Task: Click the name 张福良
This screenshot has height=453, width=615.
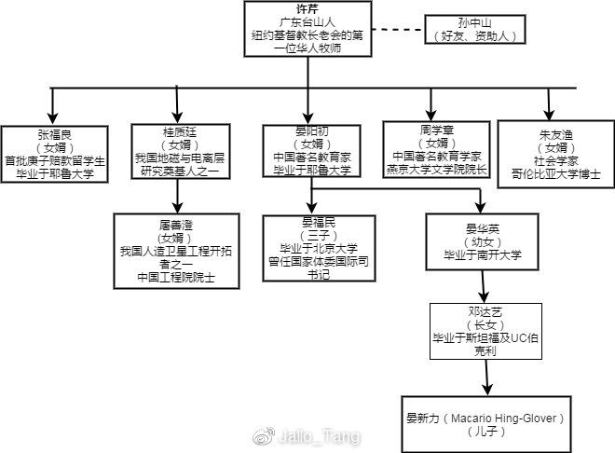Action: pyautogui.click(x=55, y=132)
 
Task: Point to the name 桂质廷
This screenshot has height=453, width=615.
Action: pyautogui.click(x=177, y=131)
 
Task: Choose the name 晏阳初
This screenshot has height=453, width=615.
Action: pyautogui.click(x=307, y=131)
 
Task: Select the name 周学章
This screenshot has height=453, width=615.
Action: pyautogui.click(x=434, y=130)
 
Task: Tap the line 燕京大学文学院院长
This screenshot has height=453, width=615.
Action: pyautogui.click(x=434, y=169)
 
